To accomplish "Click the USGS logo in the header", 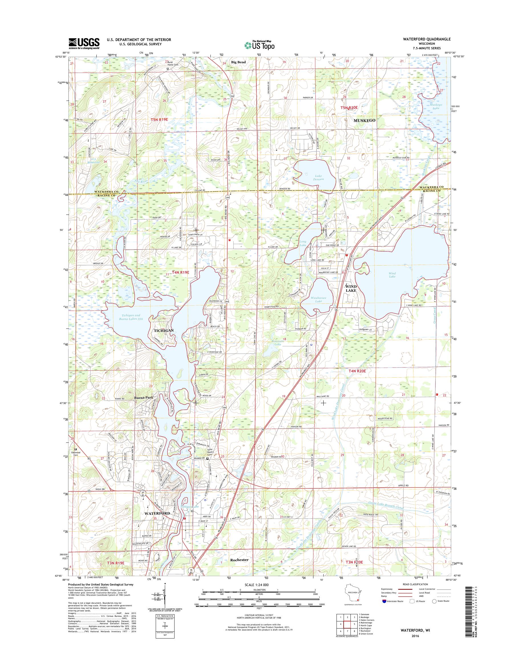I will pos(84,43).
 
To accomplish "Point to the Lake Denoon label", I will pos(319,177).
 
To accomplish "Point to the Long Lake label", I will pos(303,243).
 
